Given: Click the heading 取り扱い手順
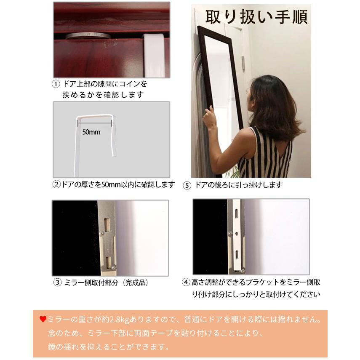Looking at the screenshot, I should [x=256, y=17].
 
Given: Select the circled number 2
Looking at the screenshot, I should [x=56, y=184].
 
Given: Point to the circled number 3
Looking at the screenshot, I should [x=57, y=283].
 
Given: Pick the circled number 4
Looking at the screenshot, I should [x=186, y=283].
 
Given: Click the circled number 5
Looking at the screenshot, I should [x=187, y=185].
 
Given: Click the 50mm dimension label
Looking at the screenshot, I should [x=91, y=132].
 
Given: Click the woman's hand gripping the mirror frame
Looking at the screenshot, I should [x=209, y=117].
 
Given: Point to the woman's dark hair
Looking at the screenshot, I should [x=269, y=101].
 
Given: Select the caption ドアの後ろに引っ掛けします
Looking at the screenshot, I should [x=238, y=185].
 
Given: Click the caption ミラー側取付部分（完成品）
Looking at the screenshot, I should [x=107, y=283].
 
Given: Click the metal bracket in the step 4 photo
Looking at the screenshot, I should [x=236, y=236].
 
